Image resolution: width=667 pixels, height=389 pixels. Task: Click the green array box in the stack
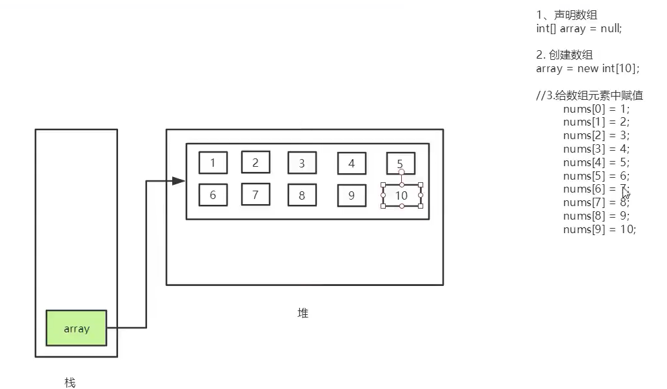click(x=76, y=328)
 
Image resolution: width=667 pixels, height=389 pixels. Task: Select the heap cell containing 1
click(x=213, y=163)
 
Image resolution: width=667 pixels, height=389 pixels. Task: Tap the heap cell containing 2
click(x=255, y=162)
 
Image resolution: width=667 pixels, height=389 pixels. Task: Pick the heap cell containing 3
click(x=302, y=164)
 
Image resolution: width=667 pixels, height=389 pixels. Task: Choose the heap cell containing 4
click(x=352, y=164)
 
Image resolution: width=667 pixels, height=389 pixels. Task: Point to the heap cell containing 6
click(x=213, y=195)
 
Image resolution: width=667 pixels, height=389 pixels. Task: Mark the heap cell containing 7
click(x=255, y=194)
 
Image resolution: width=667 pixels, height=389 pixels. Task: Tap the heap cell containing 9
click(x=352, y=196)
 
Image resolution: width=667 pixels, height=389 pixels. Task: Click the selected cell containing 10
click(x=401, y=195)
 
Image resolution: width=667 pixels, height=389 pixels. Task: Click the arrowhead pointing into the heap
click(x=179, y=182)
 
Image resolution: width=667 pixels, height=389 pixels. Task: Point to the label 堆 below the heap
click(x=303, y=314)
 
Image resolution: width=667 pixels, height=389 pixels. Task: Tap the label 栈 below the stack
click(x=70, y=383)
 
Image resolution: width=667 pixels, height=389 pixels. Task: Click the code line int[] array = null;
click(x=579, y=28)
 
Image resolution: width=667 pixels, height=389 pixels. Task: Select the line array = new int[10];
click(x=587, y=69)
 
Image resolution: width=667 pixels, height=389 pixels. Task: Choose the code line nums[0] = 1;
click(x=596, y=109)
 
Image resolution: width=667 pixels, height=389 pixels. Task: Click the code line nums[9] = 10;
click(x=599, y=229)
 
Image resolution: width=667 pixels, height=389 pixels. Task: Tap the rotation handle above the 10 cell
click(x=401, y=173)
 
